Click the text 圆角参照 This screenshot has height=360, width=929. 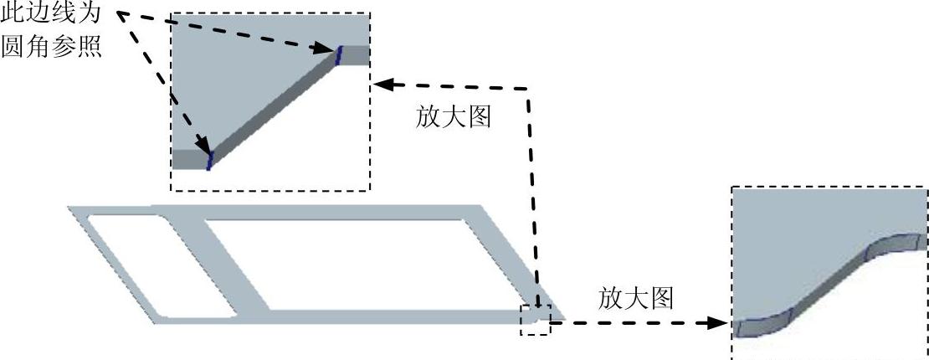tap(51, 47)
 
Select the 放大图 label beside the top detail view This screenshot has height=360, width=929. tap(453, 116)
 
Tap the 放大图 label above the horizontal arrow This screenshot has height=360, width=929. tap(636, 297)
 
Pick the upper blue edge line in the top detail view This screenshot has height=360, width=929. tap(339, 55)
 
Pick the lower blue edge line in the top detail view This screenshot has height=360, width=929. tap(210, 158)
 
